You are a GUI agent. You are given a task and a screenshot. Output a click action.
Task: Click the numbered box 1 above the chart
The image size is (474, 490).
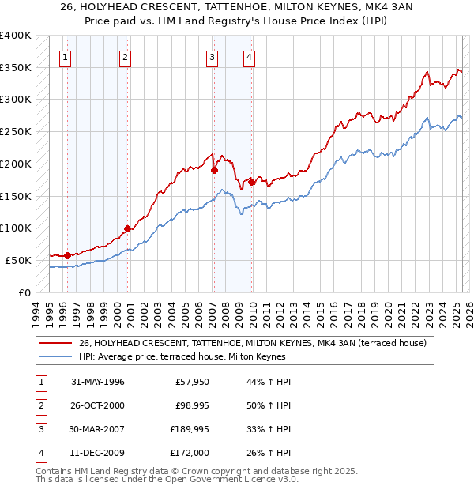click(64, 56)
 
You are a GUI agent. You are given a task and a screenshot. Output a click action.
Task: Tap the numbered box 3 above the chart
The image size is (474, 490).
click(213, 56)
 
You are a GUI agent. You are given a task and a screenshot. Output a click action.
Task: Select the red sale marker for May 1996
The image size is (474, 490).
click(67, 255)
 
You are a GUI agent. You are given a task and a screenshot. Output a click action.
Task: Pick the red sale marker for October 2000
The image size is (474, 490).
click(126, 228)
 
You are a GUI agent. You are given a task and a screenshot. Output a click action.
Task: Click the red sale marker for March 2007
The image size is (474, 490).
click(214, 170)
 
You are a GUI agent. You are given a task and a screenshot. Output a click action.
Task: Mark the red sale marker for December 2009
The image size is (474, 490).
click(250, 182)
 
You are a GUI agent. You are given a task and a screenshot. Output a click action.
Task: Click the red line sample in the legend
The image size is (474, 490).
click(56, 343)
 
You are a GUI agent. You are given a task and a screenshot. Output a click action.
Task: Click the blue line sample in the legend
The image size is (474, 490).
click(56, 356)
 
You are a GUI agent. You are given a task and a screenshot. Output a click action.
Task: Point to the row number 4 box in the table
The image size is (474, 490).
click(40, 453)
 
